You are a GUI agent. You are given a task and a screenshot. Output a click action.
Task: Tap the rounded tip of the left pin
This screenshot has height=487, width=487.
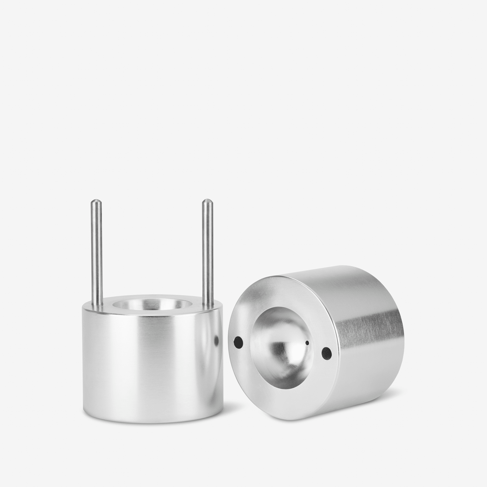(96, 201)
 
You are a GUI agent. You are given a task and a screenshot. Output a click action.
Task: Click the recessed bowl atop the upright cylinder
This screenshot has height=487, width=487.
(151, 305)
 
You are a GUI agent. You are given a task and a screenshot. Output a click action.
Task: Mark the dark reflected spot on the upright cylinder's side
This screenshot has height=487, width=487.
(217, 340)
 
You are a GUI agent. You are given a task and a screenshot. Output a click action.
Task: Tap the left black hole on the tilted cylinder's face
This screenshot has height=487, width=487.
(238, 342)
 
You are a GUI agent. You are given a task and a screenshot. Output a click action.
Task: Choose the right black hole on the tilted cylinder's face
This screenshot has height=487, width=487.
(326, 352)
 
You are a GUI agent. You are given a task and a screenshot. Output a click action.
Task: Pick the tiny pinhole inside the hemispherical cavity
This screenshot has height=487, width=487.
(307, 343)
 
